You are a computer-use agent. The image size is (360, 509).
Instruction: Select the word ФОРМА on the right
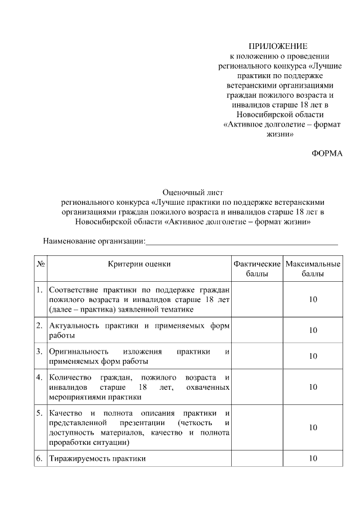(x=327, y=154)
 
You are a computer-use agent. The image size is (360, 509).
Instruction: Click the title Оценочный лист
(x=185, y=192)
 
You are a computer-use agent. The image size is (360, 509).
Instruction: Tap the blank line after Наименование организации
(x=242, y=242)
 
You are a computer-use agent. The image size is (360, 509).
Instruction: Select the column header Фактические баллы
(x=257, y=269)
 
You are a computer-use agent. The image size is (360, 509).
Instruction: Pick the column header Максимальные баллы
(x=313, y=269)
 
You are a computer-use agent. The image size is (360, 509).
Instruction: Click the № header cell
(x=40, y=264)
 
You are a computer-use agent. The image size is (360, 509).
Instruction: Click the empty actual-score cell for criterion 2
(x=257, y=330)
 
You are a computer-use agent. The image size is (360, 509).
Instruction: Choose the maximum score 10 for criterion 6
(x=313, y=458)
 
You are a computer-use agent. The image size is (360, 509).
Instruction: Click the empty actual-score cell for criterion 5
(x=257, y=427)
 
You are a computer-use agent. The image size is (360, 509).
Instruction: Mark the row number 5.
(x=40, y=412)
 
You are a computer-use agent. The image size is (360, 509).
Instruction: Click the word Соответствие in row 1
(x=72, y=290)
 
